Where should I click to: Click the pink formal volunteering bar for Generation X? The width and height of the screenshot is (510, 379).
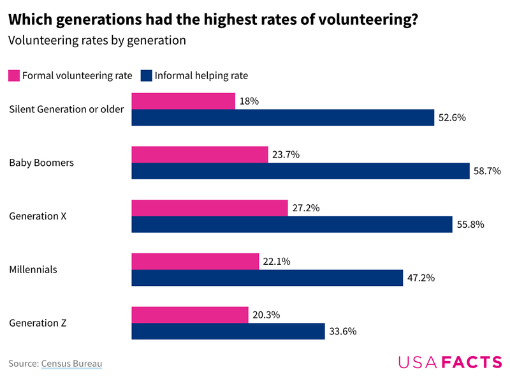[209, 208]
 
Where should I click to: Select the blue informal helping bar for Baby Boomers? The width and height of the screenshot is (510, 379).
[300, 171]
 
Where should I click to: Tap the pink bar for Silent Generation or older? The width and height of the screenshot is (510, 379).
[183, 101]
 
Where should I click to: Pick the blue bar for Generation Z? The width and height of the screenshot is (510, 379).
[228, 331]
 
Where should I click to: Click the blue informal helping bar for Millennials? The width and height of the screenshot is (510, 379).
[267, 278]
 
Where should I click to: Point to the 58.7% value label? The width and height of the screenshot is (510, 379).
[486, 171]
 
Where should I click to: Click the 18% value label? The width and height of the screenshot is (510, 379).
[249, 101]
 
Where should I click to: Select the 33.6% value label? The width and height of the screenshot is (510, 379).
[343, 331]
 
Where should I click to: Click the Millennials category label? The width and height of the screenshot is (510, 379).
[33, 269]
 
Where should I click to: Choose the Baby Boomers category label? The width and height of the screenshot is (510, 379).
[41, 163]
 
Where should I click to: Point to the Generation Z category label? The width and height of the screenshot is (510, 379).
[38, 323]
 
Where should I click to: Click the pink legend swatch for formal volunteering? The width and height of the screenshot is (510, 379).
[14, 75]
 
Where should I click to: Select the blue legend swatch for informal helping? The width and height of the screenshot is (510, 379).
[146, 75]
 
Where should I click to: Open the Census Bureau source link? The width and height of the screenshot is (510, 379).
[71, 364]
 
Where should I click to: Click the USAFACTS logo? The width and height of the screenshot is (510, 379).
[450, 362]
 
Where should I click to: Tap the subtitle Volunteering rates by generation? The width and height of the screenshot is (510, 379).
[97, 40]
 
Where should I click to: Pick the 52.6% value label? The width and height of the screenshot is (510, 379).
[453, 117]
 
